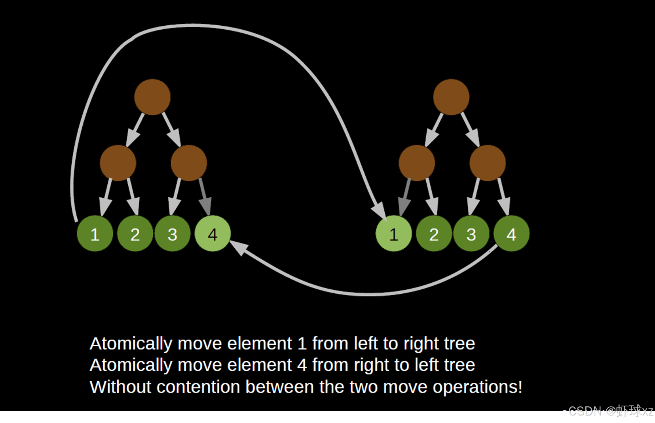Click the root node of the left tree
click(152, 97)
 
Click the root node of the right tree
click(451, 97)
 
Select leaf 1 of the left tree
click(95, 234)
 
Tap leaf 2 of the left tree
click(135, 234)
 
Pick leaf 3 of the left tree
click(172, 234)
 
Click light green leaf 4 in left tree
click(213, 234)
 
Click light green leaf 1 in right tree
click(393, 234)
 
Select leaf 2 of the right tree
click(434, 234)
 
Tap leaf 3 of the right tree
click(471, 234)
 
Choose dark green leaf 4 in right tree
click(511, 234)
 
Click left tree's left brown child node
click(118, 163)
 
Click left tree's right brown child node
click(189, 163)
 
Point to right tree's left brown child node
click(417, 163)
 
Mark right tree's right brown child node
click(488, 163)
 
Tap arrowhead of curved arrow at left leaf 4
click(238, 247)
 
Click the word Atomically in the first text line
click(131, 344)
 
